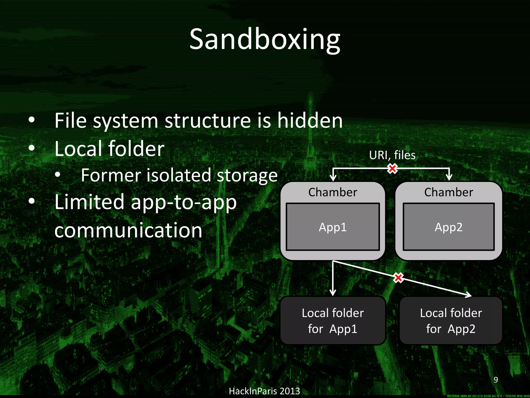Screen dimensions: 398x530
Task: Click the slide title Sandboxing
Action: [265, 39]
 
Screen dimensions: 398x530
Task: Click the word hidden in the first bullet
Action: [310, 121]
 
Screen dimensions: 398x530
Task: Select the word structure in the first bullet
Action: [208, 121]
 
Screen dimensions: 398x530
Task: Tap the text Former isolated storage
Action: [179, 175]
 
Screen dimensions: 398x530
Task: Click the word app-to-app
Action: [184, 202]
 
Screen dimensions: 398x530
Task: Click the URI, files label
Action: [392, 155]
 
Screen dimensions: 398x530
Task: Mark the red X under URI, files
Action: [392, 169]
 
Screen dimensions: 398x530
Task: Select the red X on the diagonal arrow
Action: [398, 278]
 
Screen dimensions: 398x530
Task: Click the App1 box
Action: [333, 227]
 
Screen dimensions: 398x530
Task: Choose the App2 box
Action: [448, 227]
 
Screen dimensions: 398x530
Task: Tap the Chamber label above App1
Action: [333, 192]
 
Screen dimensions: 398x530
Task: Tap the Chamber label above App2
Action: [448, 192]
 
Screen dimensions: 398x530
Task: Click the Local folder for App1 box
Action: [333, 321]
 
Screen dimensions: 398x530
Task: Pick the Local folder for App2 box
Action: [451, 321]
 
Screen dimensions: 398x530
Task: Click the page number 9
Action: [496, 380]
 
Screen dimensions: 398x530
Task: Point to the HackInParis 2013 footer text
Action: [264, 391]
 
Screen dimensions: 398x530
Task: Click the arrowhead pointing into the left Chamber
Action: [333, 178]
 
